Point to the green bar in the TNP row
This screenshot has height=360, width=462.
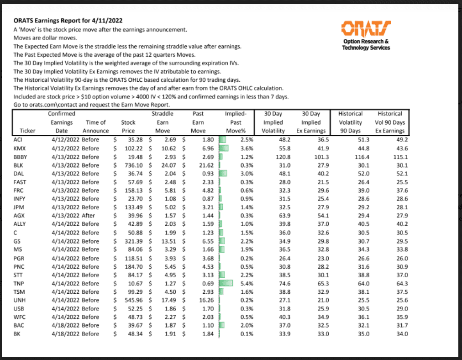(x=226, y=283)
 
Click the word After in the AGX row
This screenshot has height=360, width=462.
(x=89, y=216)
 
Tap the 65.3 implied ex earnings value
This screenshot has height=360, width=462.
(x=318, y=283)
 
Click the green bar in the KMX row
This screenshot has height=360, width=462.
(x=224, y=148)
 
